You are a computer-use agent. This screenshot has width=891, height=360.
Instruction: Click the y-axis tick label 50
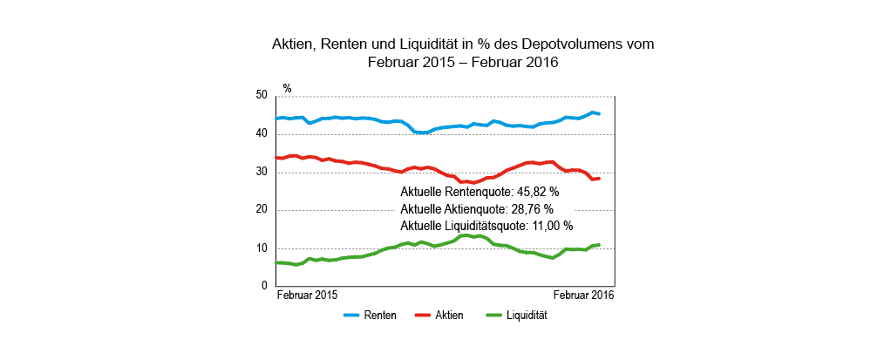(x=262, y=95)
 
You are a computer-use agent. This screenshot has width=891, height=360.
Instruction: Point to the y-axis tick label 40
(x=262, y=133)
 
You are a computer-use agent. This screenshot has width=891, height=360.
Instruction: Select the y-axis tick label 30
(x=262, y=172)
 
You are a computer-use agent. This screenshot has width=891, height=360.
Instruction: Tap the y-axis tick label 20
(x=262, y=210)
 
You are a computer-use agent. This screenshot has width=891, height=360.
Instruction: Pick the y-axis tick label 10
(x=262, y=248)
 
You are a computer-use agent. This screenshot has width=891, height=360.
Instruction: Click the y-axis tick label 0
(x=264, y=286)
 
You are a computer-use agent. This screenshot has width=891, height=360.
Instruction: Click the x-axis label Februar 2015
(x=307, y=296)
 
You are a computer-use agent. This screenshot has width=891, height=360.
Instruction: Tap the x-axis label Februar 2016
(x=583, y=296)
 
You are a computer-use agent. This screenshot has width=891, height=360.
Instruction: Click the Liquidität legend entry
(x=526, y=316)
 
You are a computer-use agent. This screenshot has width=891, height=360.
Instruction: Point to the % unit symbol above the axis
(x=287, y=88)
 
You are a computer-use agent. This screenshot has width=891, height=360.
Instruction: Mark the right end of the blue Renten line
(x=599, y=113)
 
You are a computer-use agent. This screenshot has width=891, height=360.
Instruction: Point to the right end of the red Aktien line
(x=599, y=179)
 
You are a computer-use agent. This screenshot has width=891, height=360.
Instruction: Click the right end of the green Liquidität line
(x=599, y=245)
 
